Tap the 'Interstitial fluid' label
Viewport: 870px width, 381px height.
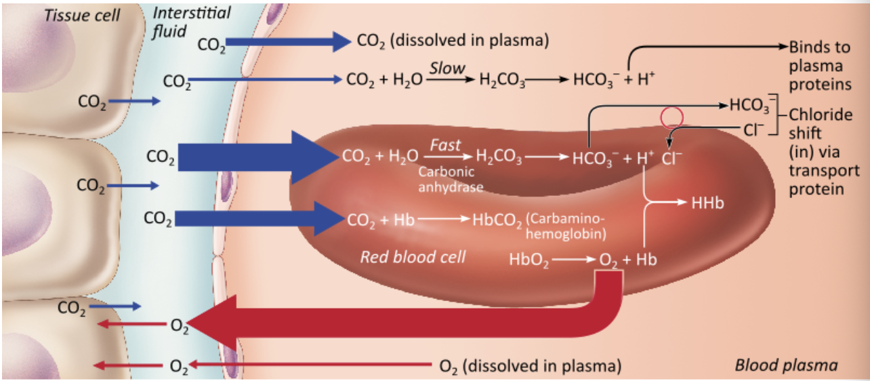pyautogui.click(x=191, y=22)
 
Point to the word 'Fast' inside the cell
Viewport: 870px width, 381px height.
pyautogui.click(x=445, y=145)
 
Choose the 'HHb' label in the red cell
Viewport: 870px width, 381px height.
pyautogui.click(x=708, y=203)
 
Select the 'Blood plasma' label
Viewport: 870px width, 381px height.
pyautogui.click(x=786, y=365)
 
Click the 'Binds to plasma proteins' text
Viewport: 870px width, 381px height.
pyautogui.click(x=820, y=66)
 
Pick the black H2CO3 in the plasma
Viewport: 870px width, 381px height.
pyautogui.click(x=501, y=80)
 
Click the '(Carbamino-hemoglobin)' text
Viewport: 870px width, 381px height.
pyautogui.click(x=566, y=226)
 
